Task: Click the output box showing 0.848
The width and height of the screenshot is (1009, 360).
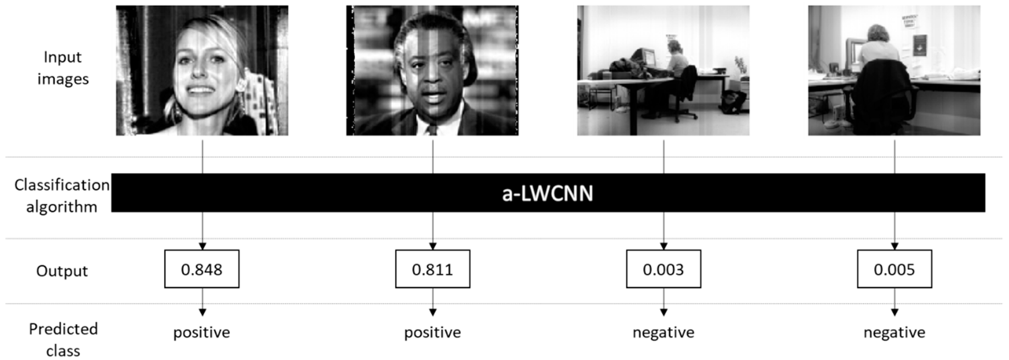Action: (x=202, y=269)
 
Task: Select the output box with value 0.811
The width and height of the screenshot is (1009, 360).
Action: (x=432, y=269)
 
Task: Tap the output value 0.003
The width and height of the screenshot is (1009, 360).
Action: (x=663, y=269)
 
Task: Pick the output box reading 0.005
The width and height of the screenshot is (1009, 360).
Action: (x=894, y=269)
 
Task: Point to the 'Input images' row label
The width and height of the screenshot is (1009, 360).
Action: (x=63, y=68)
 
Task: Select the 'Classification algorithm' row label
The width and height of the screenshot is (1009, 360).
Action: (x=62, y=196)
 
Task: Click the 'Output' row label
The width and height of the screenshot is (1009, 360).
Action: (x=62, y=271)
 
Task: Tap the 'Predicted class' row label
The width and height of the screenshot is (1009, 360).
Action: (x=63, y=339)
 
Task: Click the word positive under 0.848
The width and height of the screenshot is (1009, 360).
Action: (x=202, y=332)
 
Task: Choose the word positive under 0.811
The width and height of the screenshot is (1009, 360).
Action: (x=432, y=332)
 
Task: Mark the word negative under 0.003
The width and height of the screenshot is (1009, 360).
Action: (x=663, y=332)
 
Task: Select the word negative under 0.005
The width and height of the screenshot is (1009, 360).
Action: (x=894, y=332)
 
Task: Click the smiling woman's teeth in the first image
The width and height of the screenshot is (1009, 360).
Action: (x=200, y=90)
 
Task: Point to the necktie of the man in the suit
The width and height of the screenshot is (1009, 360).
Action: (x=432, y=130)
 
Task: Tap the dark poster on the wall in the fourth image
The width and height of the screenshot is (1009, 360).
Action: (x=919, y=45)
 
